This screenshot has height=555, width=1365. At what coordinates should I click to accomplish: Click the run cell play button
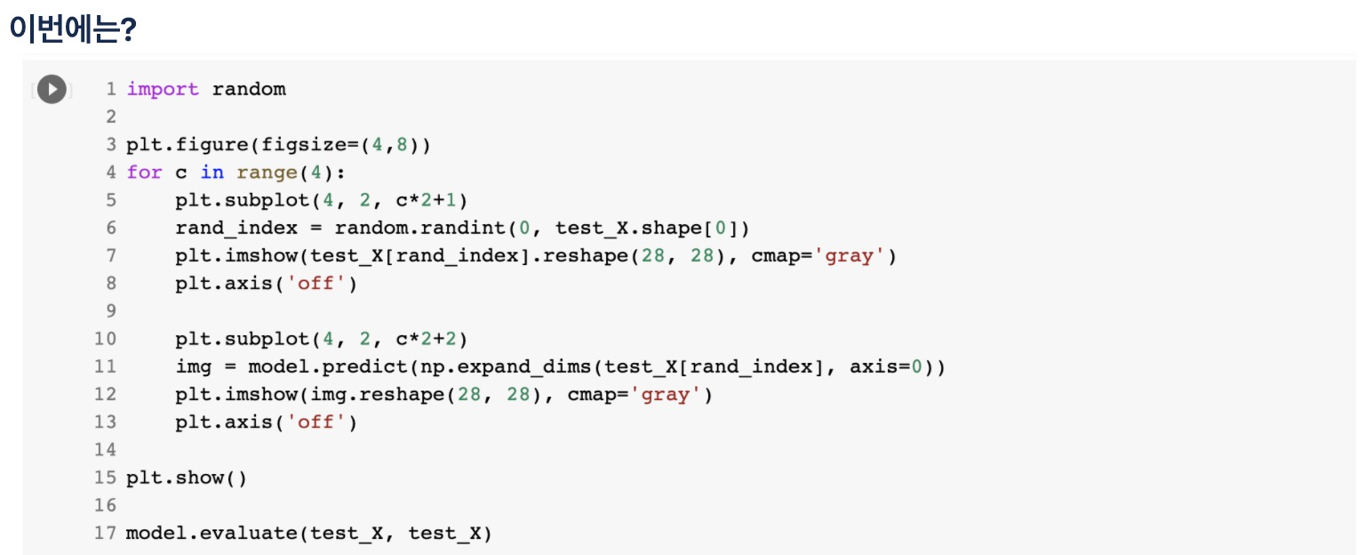coord(52,89)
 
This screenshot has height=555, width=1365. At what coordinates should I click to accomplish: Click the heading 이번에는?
coord(72,28)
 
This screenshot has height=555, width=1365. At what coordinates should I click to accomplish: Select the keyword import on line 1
coord(163,89)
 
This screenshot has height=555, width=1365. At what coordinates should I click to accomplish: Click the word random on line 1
coord(249,89)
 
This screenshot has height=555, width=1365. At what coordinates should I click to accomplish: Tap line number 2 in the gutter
coord(110,117)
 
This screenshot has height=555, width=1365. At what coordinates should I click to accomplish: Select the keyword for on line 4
coord(144,173)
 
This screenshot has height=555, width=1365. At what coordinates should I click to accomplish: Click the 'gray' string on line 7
coord(855,256)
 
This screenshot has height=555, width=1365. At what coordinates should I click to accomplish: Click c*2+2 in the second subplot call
coord(427,339)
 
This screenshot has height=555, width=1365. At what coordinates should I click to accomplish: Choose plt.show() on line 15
coord(187,478)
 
